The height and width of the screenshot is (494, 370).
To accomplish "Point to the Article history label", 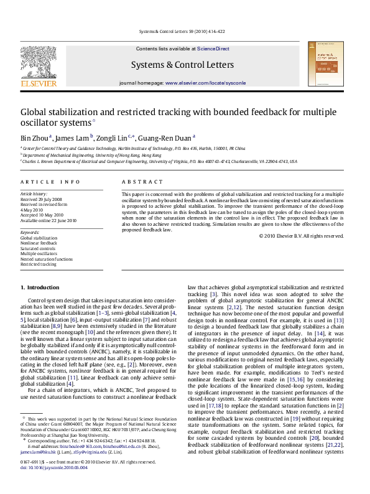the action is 33,194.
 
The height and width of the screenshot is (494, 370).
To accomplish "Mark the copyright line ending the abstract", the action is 300,236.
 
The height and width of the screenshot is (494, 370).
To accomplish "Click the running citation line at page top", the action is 185,30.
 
